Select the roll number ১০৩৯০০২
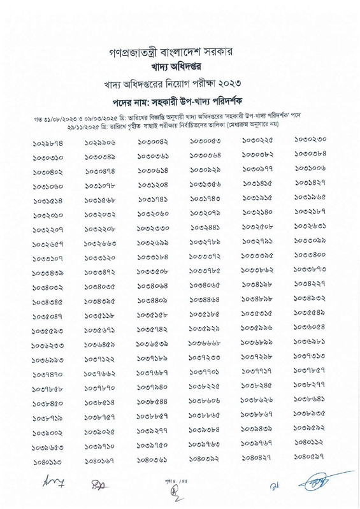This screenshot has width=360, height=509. (48, 431)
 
